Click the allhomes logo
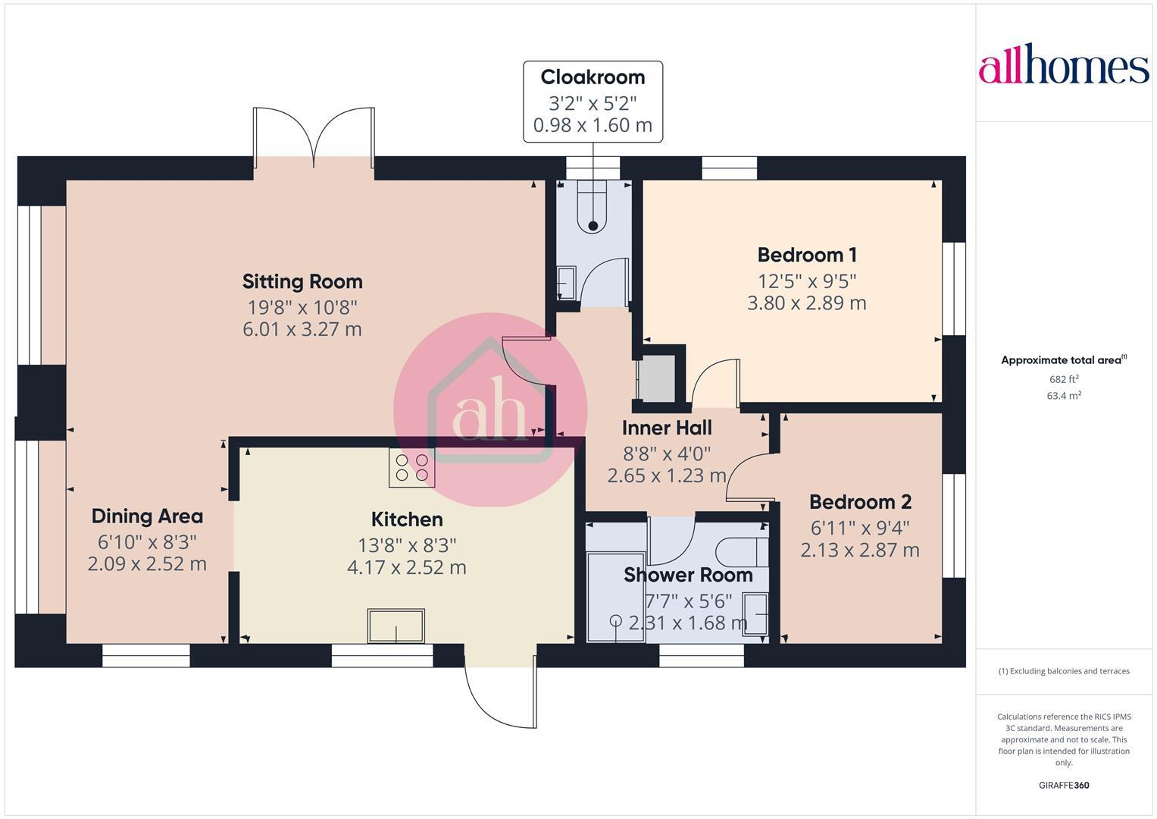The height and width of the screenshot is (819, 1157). (1063, 67)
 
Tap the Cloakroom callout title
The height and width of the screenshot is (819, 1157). (593, 77)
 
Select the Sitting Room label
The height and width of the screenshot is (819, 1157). (302, 281)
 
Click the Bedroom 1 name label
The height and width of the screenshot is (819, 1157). (807, 255)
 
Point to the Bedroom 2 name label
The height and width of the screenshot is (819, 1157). (860, 502)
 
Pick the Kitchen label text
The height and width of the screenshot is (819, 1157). (407, 519)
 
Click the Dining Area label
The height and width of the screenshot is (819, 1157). (147, 516)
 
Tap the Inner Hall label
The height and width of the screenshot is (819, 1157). (666, 428)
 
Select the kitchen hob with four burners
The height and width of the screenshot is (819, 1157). (411, 467)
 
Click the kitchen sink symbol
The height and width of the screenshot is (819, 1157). (396, 626)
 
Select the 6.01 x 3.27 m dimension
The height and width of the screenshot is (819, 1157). (302, 329)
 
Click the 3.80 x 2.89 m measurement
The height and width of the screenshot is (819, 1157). (807, 303)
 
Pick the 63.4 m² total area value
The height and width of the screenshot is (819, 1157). (1064, 395)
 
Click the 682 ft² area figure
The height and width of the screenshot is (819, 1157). (1064, 379)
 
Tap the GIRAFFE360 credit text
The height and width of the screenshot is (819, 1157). (1064, 785)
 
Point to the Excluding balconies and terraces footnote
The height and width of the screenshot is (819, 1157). (1064, 671)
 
